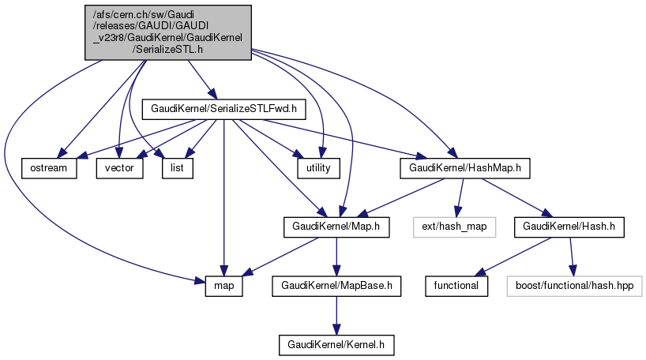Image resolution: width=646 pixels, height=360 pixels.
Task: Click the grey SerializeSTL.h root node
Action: [x=168, y=32]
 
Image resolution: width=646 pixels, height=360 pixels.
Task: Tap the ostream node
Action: [x=49, y=167]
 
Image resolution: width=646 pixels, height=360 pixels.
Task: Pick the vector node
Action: [x=119, y=167]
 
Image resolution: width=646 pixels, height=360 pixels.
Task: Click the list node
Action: [x=177, y=167]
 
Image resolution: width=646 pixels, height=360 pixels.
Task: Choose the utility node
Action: [x=318, y=167]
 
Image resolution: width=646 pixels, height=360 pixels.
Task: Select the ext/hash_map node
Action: [x=453, y=227]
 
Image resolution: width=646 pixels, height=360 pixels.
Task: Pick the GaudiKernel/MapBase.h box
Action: [x=336, y=286]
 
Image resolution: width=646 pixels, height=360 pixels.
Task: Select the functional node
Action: [x=456, y=286]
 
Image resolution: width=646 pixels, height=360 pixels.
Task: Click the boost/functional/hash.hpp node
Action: [x=578, y=286]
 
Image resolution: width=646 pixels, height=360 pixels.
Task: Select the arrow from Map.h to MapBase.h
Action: [x=337, y=257]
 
